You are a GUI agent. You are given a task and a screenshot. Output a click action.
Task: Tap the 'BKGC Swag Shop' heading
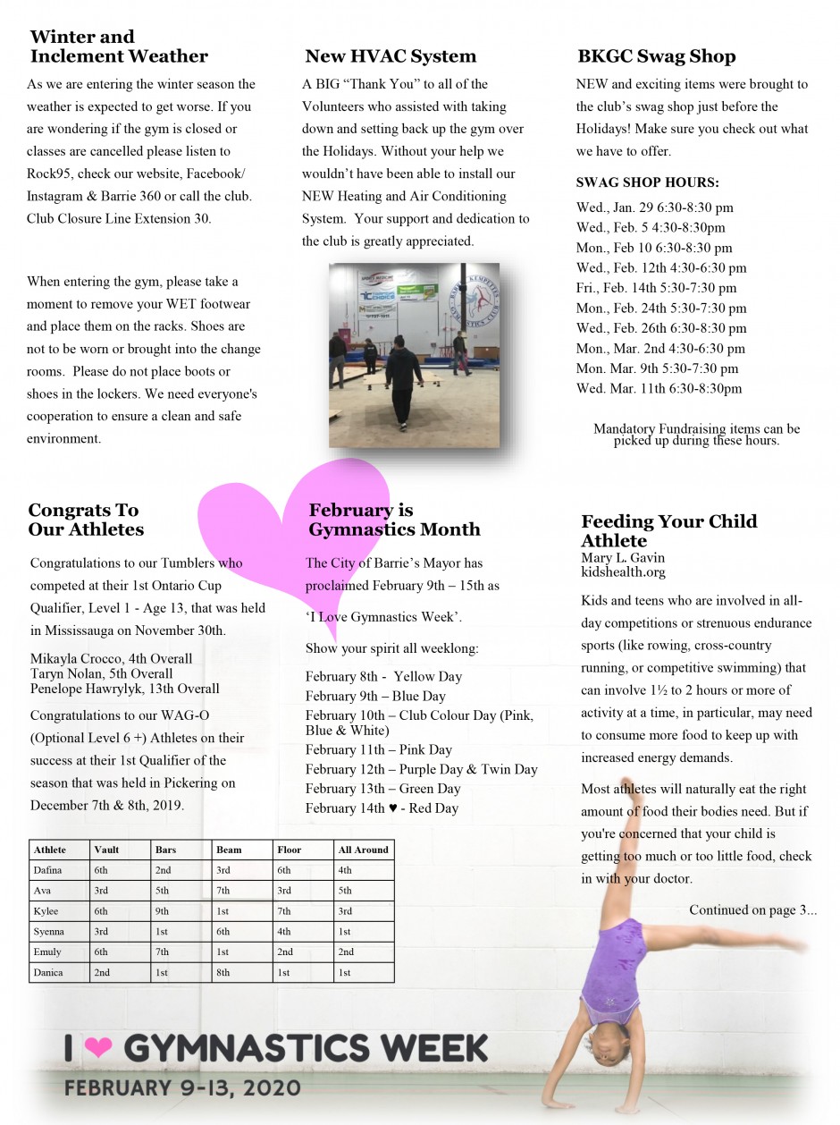click(657, 56)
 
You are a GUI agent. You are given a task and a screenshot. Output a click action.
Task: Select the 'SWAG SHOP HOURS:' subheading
click(648, 183)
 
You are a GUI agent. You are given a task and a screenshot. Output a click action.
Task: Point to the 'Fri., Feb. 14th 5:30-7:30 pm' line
click(657, 288)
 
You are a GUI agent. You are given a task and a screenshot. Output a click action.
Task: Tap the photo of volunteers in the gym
click(414, 355)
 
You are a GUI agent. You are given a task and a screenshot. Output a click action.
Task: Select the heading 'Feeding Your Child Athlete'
click(668, 530)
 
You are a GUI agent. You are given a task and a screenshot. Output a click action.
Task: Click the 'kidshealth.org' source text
click(623, 572)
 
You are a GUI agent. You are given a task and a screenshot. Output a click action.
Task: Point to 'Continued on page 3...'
click(752, 910)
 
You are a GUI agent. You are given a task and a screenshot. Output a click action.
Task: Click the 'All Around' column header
click(364, 850)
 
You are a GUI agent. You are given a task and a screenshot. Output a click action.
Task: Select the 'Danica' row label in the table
click(48, 972)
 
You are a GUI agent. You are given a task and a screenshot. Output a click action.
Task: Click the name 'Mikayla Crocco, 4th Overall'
click(111, 659)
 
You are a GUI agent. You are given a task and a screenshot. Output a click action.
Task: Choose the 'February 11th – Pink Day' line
click(379, 749)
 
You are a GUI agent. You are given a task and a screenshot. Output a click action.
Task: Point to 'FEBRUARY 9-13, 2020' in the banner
click(181, 1088)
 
